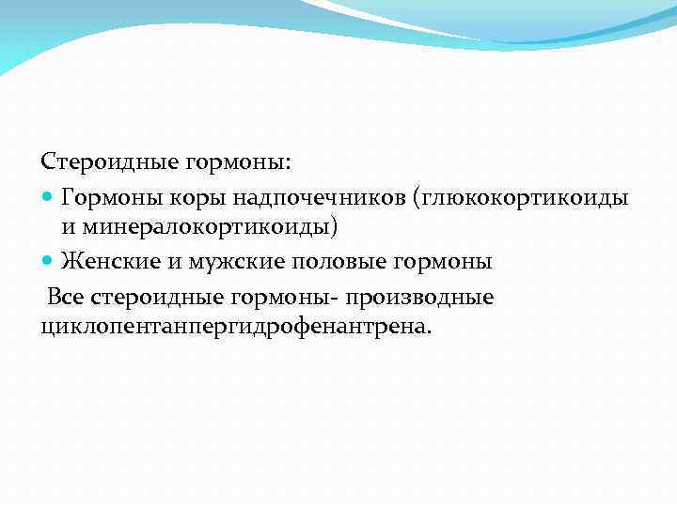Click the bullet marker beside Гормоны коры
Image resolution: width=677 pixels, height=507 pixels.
click(49, 198)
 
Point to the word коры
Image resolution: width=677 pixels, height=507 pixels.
click(189, 198)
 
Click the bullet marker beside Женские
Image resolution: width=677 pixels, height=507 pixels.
click(49, 261)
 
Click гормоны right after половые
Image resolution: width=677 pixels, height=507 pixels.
click(429, 261)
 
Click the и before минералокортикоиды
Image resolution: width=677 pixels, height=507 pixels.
click(68, 226)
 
